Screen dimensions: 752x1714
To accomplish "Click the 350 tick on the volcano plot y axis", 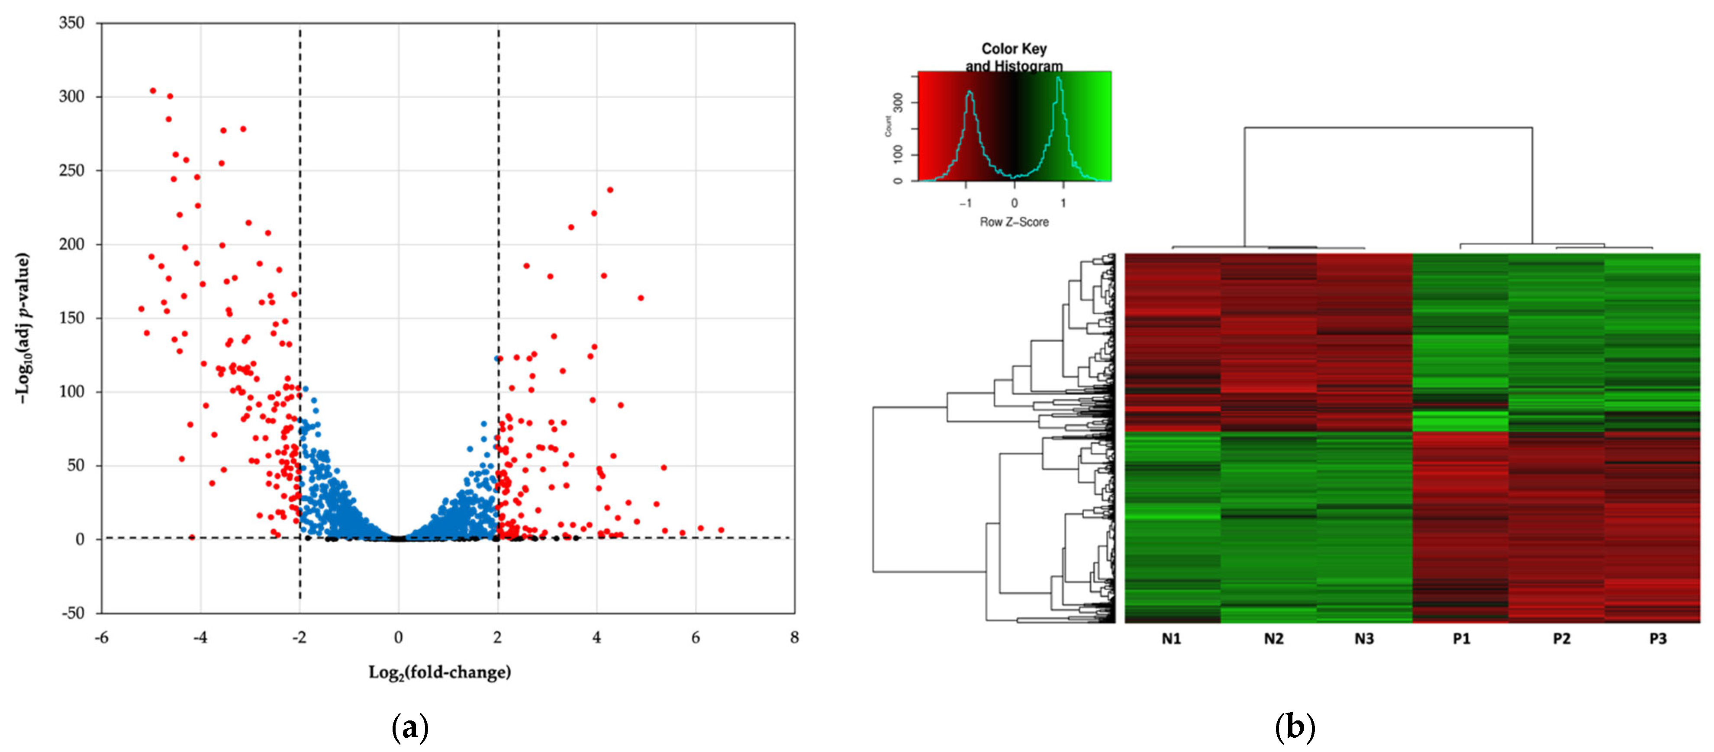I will [x=72, y=23].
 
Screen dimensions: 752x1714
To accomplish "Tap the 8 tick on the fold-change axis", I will [x=794, y=638].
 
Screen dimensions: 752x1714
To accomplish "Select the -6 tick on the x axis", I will [x=101, y=638].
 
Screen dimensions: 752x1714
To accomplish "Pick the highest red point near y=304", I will [x=153, y=90].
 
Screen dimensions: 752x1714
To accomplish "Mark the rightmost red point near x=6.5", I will [x=721, y=530].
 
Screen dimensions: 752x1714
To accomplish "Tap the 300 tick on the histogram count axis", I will [x=898, y=102].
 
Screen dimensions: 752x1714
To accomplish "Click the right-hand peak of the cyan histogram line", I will [x=1058, y=78].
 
